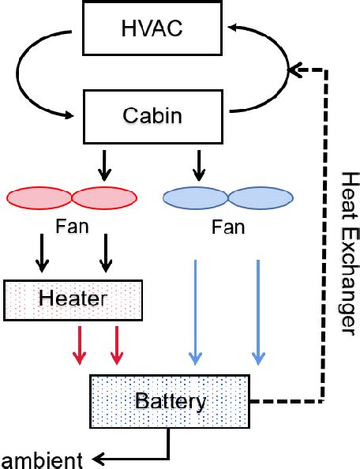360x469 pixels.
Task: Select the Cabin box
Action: coord(152,115)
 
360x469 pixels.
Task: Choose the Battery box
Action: coord(171,401)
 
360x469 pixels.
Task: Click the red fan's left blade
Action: coord(39,197)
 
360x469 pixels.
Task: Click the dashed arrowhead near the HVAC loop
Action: coord(294,70)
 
